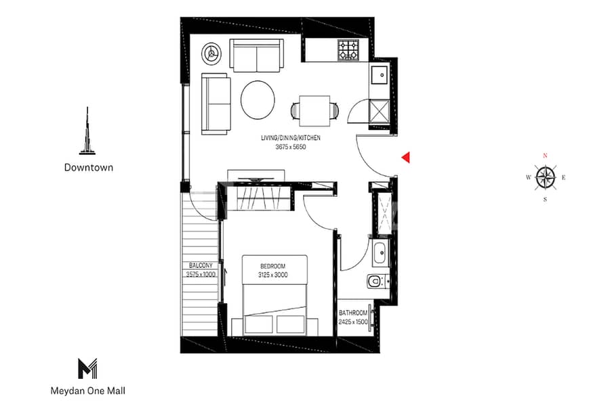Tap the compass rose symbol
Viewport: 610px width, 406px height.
click(545, 178)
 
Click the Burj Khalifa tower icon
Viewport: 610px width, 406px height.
click(88, 131)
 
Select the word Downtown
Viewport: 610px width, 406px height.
click(88, 167)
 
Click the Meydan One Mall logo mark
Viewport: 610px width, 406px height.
click(88, 369)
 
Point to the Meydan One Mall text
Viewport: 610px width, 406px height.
click(88, 390)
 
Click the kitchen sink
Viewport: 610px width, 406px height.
click(379, 76)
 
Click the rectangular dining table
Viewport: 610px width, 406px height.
click(313, 109)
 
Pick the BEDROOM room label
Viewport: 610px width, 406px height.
click(273, 266)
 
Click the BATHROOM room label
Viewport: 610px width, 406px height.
click(353, 313)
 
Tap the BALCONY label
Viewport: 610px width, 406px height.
click(201, 265)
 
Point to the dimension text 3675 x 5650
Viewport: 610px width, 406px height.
click(290, 146)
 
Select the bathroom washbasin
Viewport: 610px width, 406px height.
click(380, 254)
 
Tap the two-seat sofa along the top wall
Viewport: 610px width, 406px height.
click(256, 55)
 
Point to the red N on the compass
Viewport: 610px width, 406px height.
click(545, 156)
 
